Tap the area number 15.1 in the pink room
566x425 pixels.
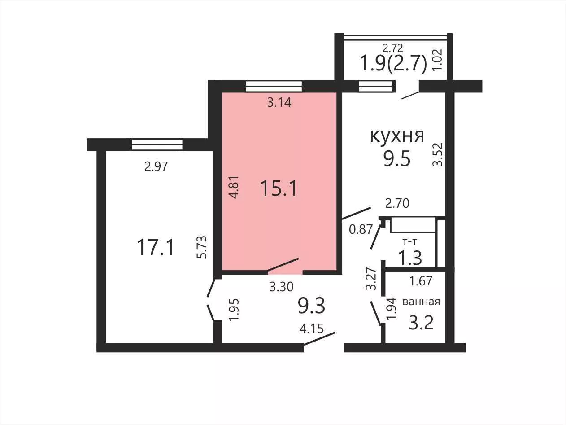[x=279, y=188]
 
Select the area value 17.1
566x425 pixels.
[x=156, y=247]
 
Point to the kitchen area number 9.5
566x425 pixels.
[x=397, y=159]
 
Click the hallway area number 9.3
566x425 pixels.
[x=312, y=306]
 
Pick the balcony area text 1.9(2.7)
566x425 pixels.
[x=393, y=63]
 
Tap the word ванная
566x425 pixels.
[x=421, y=302]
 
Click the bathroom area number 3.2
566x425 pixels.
[x=421, y=323]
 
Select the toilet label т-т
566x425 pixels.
[x=410, y=242]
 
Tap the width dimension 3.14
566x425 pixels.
[x=279, y=102]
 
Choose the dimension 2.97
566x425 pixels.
[x=156, y=166]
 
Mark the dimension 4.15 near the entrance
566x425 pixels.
[x=312, y=329]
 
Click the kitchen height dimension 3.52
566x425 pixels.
[x=437, y=154]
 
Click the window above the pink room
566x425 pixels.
[x=274, y=86]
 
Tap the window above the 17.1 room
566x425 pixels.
[x=157, y=145]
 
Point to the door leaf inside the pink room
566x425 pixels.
[x=283, y=264]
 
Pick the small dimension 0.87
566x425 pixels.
[x=361, y=229]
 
